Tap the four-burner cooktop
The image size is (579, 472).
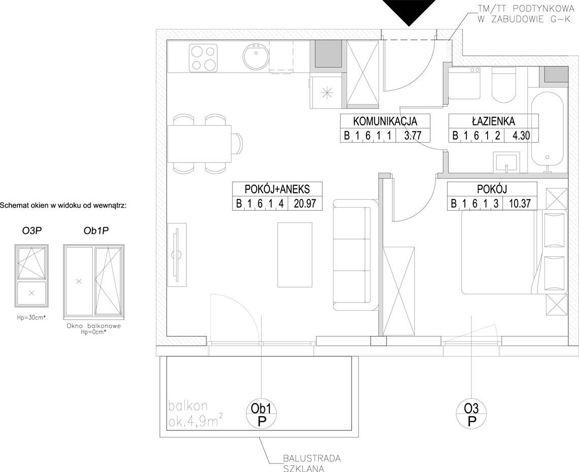coord(202,58)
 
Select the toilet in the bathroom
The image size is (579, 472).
coord(504,85)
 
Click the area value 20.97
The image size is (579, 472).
coord(305,204)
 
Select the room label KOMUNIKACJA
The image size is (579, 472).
coord(385,121)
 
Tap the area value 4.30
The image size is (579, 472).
coord(521,136)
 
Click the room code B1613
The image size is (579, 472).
coord(474,204)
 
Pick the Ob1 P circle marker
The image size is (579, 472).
coord(261,415)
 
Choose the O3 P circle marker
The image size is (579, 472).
coord(471,415)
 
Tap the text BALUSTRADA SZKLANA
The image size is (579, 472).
coord(312,463)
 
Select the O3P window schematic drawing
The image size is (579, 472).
coord(31,276)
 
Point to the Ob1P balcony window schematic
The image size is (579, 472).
coord(94,282)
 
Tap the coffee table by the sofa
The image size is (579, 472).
coord(295,255)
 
